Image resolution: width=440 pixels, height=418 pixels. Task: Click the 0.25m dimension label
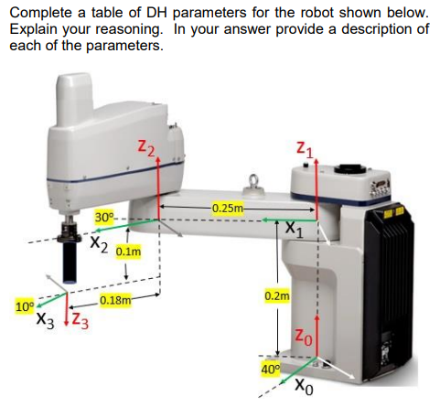pos(225,209)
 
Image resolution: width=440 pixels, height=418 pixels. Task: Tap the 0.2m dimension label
pos(276,297)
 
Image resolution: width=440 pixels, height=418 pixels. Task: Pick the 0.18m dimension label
pos(115,299)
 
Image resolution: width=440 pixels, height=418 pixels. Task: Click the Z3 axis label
pos(80,321)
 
